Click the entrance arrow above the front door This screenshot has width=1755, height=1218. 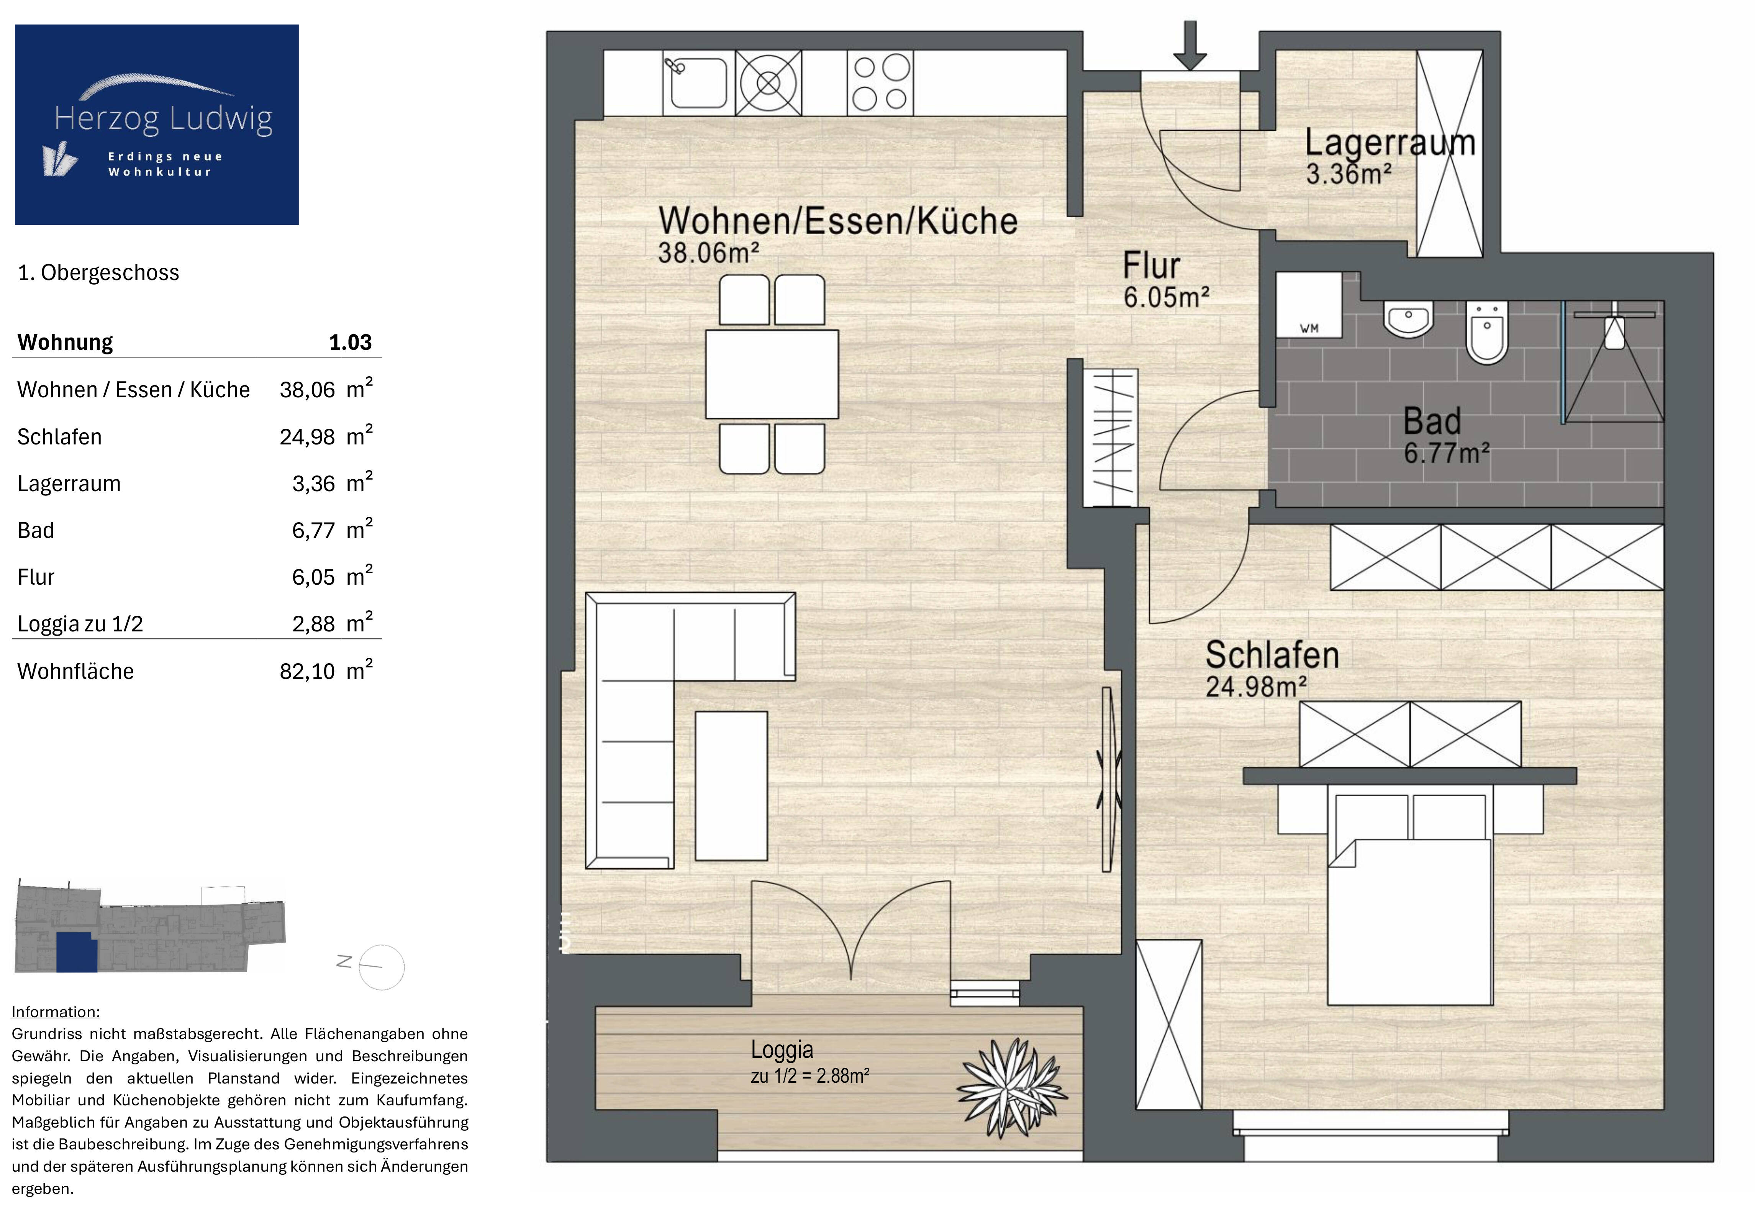coord(1190,46)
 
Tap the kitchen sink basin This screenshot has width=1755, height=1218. coord(697,83)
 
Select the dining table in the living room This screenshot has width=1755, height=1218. coord(772,374)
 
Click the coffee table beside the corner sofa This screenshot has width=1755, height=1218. coord(731,786)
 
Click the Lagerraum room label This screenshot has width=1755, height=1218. coord(1390,143)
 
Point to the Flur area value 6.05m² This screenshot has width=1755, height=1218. coord(1166,297)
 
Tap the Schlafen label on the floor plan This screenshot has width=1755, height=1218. coord(1271,655)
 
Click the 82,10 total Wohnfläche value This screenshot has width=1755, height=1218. coord(307,672)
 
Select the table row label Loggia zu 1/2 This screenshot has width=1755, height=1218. coord(80,624)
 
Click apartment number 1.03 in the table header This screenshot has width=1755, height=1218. coord(350,342)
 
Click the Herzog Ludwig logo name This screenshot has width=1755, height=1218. coord(163,119)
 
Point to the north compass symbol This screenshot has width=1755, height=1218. coord(372,966)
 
